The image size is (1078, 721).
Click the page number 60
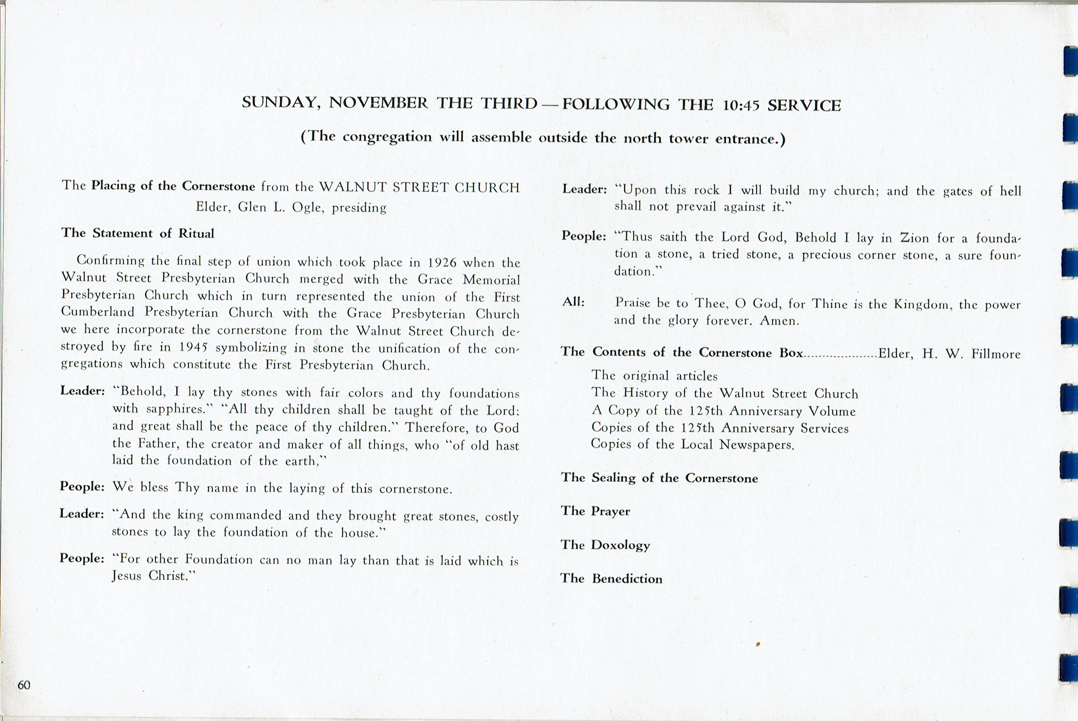click(x=24, y=685)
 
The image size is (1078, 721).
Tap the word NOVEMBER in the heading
click(x=378, y=103)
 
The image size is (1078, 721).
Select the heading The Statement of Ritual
click(x=138, y=233)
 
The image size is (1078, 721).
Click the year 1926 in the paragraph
click(x=441, y=262)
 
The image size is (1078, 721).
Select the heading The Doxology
click(x=605, y=545)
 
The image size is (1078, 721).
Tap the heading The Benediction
click(x=611, y=578)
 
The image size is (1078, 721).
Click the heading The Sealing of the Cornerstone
click(x=659, y=478)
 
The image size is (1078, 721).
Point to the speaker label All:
click(x=573, y=302)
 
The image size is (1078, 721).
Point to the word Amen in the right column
click(x=779, y=320)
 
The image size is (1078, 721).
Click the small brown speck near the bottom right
click(x=758, y=644)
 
